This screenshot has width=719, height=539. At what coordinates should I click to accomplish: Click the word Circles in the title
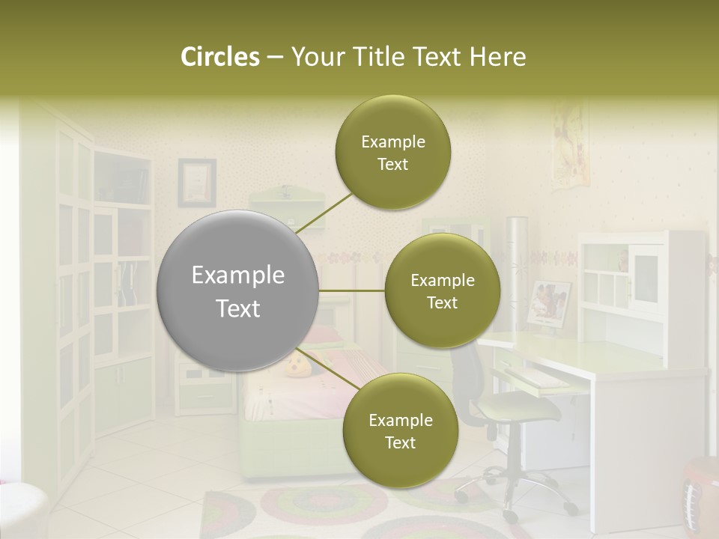(219, 57)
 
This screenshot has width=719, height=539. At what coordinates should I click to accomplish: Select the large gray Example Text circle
(238, 290)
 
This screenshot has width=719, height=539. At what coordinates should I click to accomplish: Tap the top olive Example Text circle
(392, 153)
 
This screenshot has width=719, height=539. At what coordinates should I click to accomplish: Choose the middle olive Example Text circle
(442, 290)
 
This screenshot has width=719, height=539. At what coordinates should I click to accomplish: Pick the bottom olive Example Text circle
(400, 430)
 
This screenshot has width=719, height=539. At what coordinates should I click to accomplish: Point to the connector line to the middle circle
(352, 290)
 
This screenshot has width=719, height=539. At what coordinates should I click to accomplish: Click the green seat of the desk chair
(518, 409)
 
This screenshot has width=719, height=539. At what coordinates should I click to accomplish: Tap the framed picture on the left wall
(196, 182)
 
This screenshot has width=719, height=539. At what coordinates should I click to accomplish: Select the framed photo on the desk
(549, 302)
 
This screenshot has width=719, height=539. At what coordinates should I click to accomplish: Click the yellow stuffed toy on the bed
(294, 366)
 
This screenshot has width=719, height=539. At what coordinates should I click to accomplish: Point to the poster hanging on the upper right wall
(569, 146)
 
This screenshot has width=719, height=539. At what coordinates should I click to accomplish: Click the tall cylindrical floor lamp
(516, 269)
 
